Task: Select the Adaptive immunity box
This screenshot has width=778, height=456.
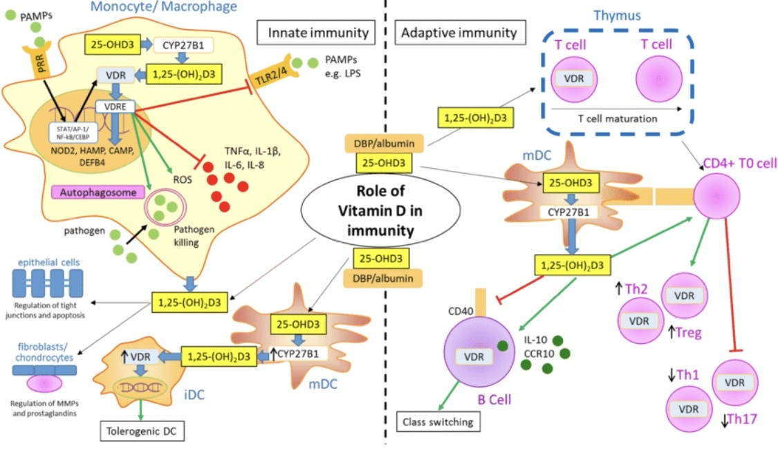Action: (x=459, y=33)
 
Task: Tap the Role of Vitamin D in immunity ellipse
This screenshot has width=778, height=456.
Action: (x=380, y=210)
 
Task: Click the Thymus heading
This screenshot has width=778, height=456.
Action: (x=618, y=15)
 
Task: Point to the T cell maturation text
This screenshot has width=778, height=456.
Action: (x=618, y=119)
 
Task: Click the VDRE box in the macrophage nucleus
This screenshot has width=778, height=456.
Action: (x=115, y=107)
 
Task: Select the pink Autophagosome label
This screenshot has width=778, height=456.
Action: (x=98, y=192)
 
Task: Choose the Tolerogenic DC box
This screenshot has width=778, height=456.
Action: (x=141, y=430)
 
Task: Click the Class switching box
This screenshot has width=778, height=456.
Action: (x=438, y=421)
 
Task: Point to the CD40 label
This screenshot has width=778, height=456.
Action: (x=461, y=311)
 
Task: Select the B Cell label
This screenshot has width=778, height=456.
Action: (x=494, y=399)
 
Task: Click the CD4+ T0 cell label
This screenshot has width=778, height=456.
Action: (x=740, y=163)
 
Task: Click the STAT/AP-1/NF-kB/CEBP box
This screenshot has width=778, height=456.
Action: (x=73, y=133)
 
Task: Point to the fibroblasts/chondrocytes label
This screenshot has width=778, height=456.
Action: (x=44, y=352)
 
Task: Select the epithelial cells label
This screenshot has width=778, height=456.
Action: (x=48, y=262)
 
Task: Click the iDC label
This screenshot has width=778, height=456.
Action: (x=194, y=394)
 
